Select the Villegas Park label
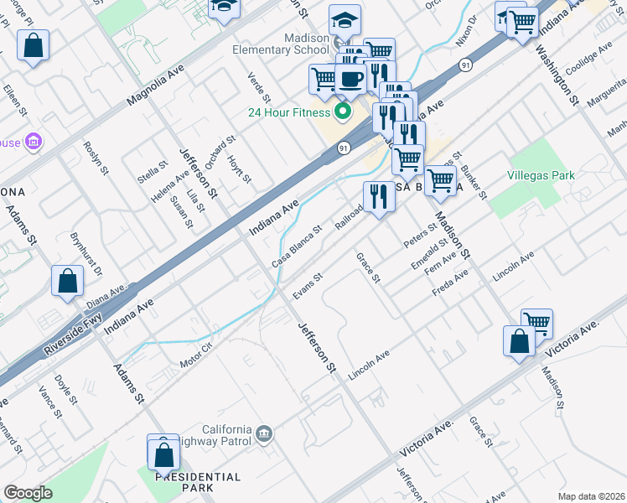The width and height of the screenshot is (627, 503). click(x=541, y=176)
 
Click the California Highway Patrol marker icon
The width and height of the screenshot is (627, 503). click(x=264, y=433)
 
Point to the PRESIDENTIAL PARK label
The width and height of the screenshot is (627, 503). click(x=198, y=481)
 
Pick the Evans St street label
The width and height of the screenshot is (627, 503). click(x=308, y=286)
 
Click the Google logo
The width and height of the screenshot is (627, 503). click(x=28, y=492)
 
